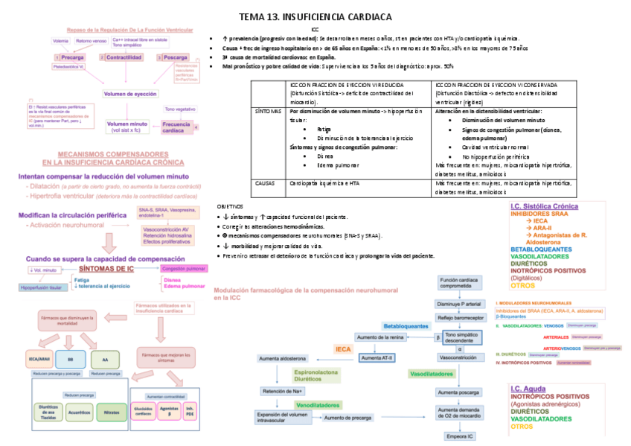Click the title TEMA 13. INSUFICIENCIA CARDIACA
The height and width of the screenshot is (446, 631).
coord(315,16)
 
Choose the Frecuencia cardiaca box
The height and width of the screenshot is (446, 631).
coord(176,127)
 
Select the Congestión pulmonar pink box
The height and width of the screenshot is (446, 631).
coord(183,268)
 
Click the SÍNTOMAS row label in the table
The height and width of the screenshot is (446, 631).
coord(269,111)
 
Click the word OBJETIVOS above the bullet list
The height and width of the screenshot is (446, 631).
coord(230,206)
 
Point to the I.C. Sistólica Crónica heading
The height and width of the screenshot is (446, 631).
coord(544,206)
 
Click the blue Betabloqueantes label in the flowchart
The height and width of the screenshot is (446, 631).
coord(406,326)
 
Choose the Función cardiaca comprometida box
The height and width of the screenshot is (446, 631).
coord(459,284)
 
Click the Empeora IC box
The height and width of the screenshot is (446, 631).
coord(459,436)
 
